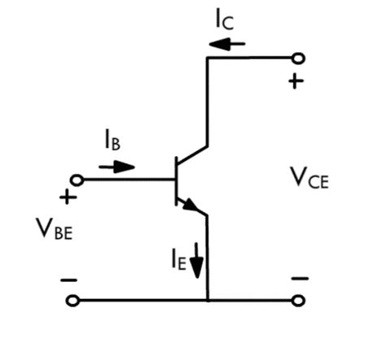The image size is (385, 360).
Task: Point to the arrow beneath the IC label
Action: click(222, 44)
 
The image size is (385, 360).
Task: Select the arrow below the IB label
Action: click(116, 167)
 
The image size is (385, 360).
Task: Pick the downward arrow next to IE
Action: click(197, 262)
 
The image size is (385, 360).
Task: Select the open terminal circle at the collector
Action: click(299, 58)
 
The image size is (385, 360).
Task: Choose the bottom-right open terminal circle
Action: click(299, 301)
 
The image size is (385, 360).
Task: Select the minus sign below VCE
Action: click(299, 279)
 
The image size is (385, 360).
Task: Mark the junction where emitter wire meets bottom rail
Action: click(209, 301)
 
